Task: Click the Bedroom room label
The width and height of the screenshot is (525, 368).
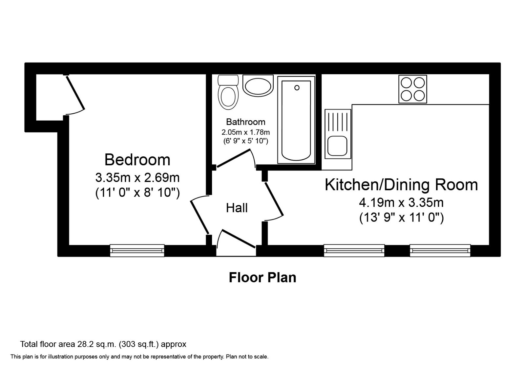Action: tap(137, 160)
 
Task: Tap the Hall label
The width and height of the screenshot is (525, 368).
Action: tap(237, 208)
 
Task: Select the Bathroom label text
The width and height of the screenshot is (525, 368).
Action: tap(246, 122)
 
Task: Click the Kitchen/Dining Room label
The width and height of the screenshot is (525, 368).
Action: tap(401, 185)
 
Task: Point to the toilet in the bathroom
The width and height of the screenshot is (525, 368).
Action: tap(228, 92)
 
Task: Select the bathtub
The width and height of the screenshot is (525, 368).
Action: tap(296, 120)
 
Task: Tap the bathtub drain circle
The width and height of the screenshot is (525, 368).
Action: tap(297, 88)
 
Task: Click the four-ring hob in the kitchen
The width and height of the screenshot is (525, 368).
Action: tap(413, 89)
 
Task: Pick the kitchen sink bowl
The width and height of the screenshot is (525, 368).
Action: tap(338, 146)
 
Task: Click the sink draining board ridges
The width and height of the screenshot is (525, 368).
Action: tap(338, 122)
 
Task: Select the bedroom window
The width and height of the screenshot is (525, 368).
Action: tap(137, 251)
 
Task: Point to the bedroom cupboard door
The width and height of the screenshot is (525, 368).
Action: tap(75, 93)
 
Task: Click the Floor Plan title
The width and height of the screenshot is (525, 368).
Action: tap(262, 277)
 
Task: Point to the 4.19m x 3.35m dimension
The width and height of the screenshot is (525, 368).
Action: tap(401, 203)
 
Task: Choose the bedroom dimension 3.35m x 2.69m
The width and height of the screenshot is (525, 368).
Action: tap(137, 178)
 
